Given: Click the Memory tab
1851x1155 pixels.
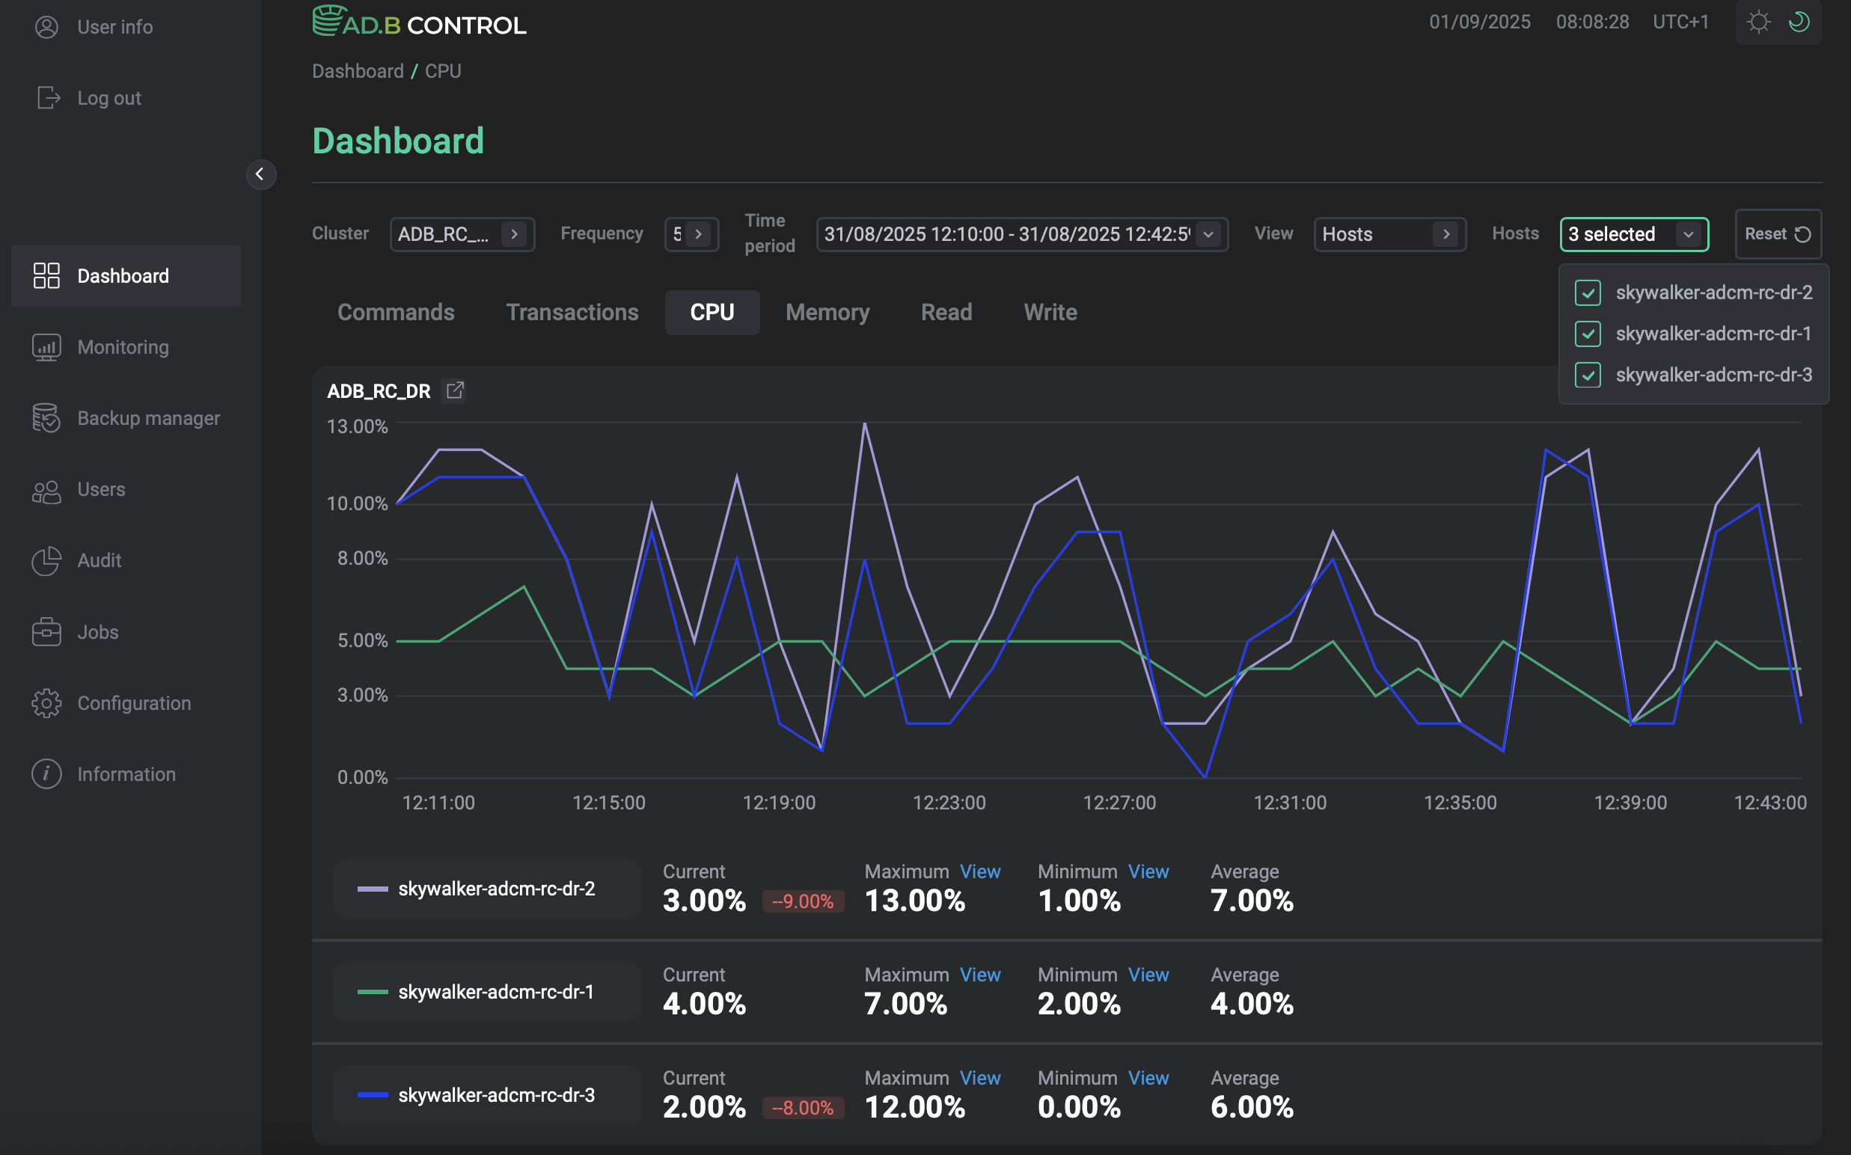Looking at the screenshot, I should (x=827, y=313).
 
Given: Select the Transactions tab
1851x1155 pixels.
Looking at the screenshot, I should (x=572, y=313).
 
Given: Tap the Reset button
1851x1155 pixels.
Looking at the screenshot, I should (x=1777, y=233).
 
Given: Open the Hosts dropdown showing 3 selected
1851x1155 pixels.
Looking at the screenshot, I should (x=1633, y=233).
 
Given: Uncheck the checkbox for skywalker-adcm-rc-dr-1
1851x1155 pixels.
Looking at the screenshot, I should (x=1588, y=334).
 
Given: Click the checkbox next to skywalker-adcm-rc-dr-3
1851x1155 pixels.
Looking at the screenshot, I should (x=1588, y=375).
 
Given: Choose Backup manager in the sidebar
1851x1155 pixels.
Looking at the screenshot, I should (x=147, y=419).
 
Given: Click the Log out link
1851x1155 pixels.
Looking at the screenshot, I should (x=108, y=98).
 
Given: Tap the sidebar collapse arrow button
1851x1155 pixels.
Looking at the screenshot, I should (x=260, y=174).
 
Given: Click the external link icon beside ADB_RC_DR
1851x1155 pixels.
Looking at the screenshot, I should (x=455, y=390).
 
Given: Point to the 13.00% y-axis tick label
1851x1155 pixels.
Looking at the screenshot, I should (x=357, y=426).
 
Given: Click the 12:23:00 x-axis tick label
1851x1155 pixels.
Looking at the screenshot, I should (x=949, y=803).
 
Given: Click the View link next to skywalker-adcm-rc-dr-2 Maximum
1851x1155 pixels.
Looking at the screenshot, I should (x=979, y=871).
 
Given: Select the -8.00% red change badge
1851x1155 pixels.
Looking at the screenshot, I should (x=802, y=1108).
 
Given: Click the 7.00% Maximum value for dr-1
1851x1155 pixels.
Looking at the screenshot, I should (x=905, y=1004).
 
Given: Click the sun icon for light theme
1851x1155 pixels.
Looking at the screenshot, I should (x=1758, y=22).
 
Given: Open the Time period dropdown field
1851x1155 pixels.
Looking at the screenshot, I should (x=1021, y=233).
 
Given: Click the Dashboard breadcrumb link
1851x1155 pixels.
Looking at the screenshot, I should (x=358, y=71).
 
